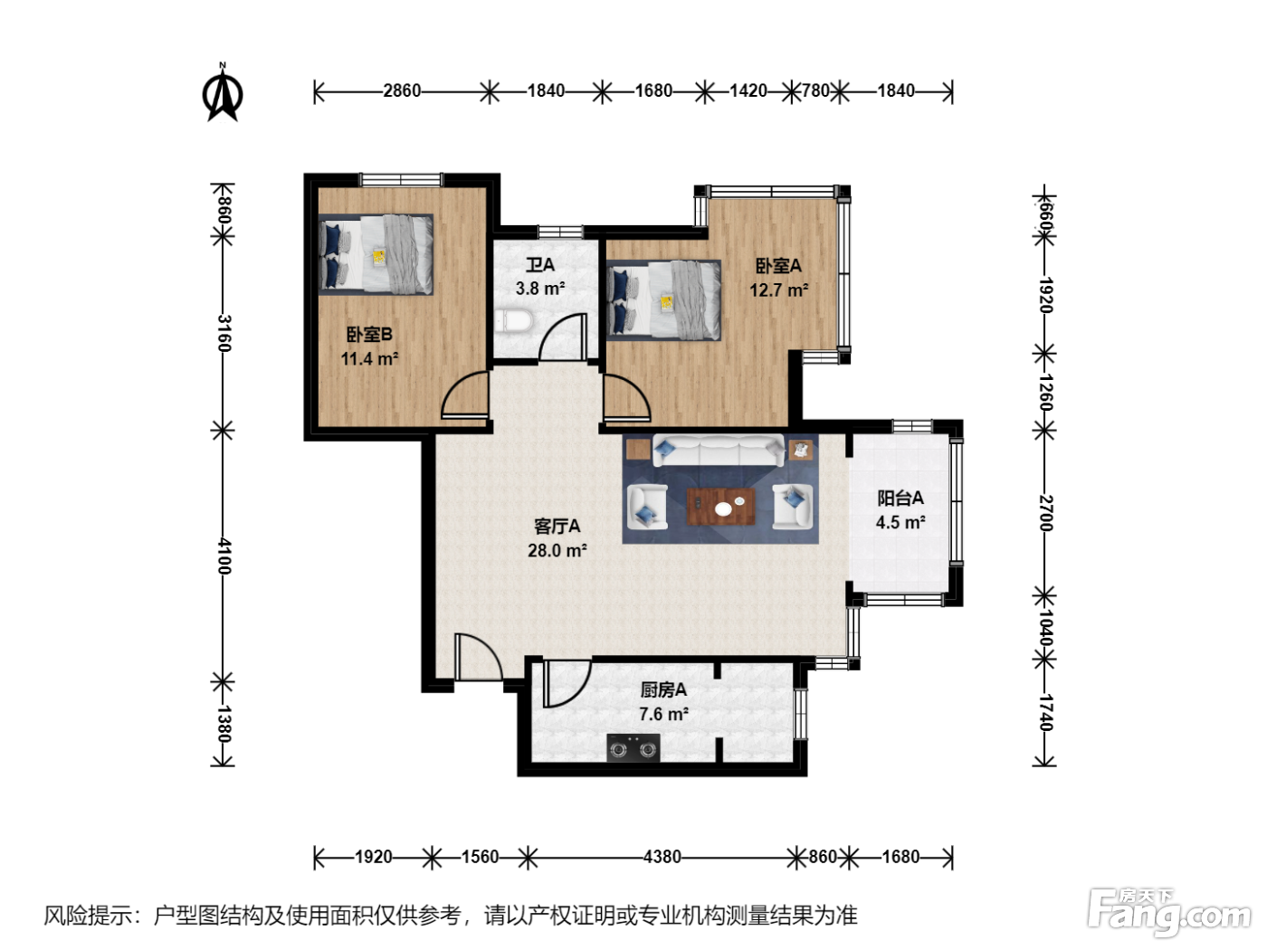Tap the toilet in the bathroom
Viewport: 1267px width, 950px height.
point(513,322)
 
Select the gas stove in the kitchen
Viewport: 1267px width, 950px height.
point(633,749)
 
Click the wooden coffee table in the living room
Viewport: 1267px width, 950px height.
point(721,507)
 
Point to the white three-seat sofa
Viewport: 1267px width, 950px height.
point(719,450)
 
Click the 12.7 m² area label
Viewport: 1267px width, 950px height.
point(778,290)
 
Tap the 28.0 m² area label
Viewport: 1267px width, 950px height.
point(557,550)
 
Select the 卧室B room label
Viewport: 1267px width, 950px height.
point(369,334)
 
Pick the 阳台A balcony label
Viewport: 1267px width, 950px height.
point(900,498)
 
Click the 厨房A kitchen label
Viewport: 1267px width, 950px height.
point(663,689)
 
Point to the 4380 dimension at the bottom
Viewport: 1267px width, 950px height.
point(662,857)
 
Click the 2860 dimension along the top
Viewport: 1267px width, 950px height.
point(402,90)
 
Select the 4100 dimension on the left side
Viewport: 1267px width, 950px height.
point(224,556)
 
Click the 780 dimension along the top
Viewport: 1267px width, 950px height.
point(815,90)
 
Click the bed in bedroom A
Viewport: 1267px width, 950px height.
point(663,300)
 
